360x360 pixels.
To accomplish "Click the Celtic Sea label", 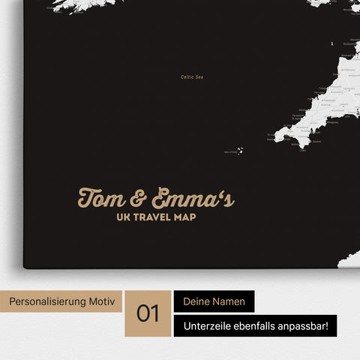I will click(x=193, y=76).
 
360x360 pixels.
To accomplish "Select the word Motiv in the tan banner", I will click(x=102, y=301).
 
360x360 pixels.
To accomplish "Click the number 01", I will click(x=148, y=313).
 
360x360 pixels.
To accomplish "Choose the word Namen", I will click(x=232, y=301).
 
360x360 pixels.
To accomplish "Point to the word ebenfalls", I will click(x=259, y=325).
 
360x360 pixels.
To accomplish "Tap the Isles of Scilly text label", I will click(x=228, y=152).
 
